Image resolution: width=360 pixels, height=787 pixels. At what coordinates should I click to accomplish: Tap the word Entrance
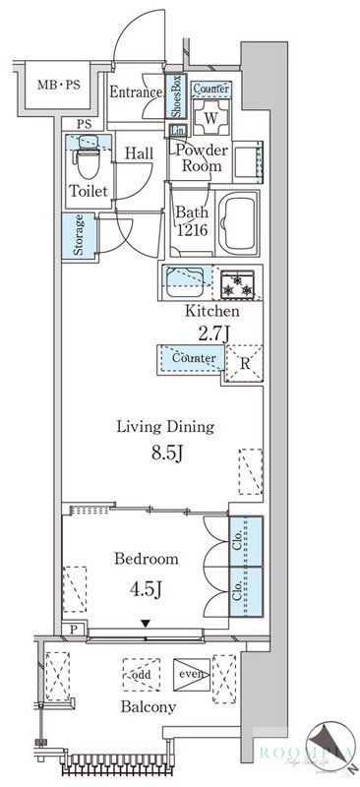[136, 93]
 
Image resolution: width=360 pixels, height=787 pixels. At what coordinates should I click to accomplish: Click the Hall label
[138, 154]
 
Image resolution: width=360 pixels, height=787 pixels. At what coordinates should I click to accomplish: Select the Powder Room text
[202, 157]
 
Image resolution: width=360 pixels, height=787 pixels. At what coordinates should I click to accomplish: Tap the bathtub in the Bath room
[236, 224]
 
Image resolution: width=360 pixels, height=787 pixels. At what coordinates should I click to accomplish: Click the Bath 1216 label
[191, 221]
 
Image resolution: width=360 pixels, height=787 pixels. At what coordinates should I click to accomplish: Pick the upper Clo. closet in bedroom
[246, 540]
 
